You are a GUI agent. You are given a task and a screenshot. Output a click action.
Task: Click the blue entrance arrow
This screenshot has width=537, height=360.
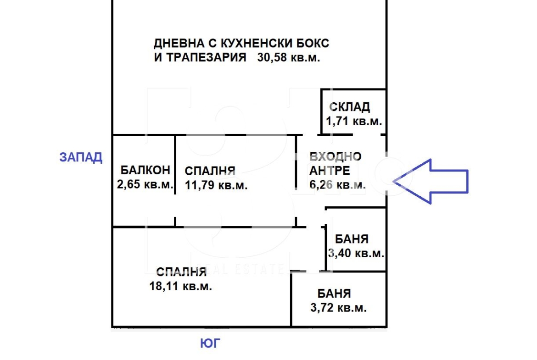(430, 181)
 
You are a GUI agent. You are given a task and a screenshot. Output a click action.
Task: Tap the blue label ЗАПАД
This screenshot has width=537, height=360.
(81, 157)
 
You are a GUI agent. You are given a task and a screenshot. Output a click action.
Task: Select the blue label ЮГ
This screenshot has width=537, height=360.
(210, 343)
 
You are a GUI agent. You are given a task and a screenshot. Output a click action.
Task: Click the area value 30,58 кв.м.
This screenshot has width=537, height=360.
(289, 57)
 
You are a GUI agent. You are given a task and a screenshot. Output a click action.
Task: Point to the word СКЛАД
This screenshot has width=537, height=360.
(349, 107)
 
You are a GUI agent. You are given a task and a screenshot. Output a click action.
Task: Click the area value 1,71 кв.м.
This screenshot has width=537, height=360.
(354, 121)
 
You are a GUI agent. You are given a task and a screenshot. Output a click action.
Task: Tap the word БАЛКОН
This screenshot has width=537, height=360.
(145, 170)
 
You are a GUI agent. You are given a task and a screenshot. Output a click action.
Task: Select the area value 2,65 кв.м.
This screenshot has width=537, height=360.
(145, 184)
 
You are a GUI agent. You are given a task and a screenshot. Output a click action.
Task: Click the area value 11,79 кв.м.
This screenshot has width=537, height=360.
(216, 185)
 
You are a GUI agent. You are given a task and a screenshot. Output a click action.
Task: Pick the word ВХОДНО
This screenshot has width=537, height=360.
(336, 157)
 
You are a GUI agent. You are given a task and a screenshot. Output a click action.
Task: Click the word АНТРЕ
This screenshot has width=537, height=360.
(330, 171)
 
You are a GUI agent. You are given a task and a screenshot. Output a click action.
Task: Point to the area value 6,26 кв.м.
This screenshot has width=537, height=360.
(337, 185)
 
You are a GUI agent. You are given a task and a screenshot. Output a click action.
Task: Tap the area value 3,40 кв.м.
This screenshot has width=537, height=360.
(356, 253)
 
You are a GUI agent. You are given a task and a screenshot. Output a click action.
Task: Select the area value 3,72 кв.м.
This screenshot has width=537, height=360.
(338, 308)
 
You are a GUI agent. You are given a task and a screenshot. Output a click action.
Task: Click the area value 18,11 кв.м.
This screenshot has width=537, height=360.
(180, 286)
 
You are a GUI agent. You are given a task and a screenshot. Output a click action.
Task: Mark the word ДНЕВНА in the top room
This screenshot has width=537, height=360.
(179, 44)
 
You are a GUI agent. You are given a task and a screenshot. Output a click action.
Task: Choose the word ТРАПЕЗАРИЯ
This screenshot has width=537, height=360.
(206, 57)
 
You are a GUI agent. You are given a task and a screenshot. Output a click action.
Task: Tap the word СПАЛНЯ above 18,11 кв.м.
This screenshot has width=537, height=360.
(181, 272)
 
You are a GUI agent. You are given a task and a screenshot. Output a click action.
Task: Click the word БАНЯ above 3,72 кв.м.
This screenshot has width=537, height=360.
(334, 294)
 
